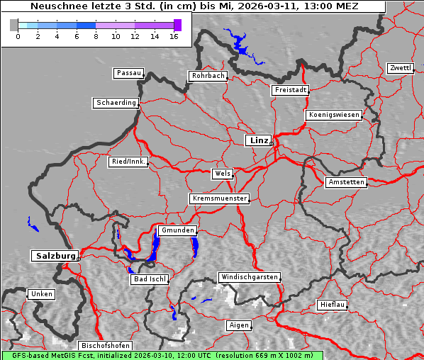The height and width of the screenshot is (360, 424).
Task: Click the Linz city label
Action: pyautogui.click(x=258, y=140)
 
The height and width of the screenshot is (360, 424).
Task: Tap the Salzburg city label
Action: pyautogui.click(x=54, y=256)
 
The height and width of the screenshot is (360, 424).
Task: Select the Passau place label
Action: pyautogui.click(x=128, y=73)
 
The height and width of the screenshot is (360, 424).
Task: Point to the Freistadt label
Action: pyautogui.click(x=290, y=90)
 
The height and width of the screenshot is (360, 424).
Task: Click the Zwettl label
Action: pyautogui.click(x=400, y=68)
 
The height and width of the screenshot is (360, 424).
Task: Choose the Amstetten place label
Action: pyautogui.click(x=346, y=182)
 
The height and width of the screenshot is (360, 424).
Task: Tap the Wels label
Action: pyautogui.click(x=222, y=174)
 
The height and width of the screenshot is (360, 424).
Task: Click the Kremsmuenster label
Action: pyautogui.click(x=220, y=198)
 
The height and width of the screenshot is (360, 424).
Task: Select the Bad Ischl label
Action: pyautogui.click(x=150, y=279)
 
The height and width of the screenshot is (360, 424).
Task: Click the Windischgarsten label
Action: pyautogui.click(x=249, y=277)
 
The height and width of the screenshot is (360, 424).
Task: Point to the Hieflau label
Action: pyautogui.click(x=333, y=305)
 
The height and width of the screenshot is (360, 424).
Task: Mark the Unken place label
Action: pyautogui.click(x=41, y=293)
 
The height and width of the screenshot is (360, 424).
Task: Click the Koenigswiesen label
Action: pyautogui.click(x=334, y=115)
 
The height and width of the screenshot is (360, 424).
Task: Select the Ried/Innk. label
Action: pyautogui.click(x=128, y=162)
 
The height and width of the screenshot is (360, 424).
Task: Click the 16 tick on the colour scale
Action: pyautogui.click(x=174, y=35)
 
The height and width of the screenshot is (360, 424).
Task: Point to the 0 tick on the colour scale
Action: pyautogui.click(x=18, y=35)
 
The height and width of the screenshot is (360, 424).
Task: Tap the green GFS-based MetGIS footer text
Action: pyautogui.click(x=162, y=355)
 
